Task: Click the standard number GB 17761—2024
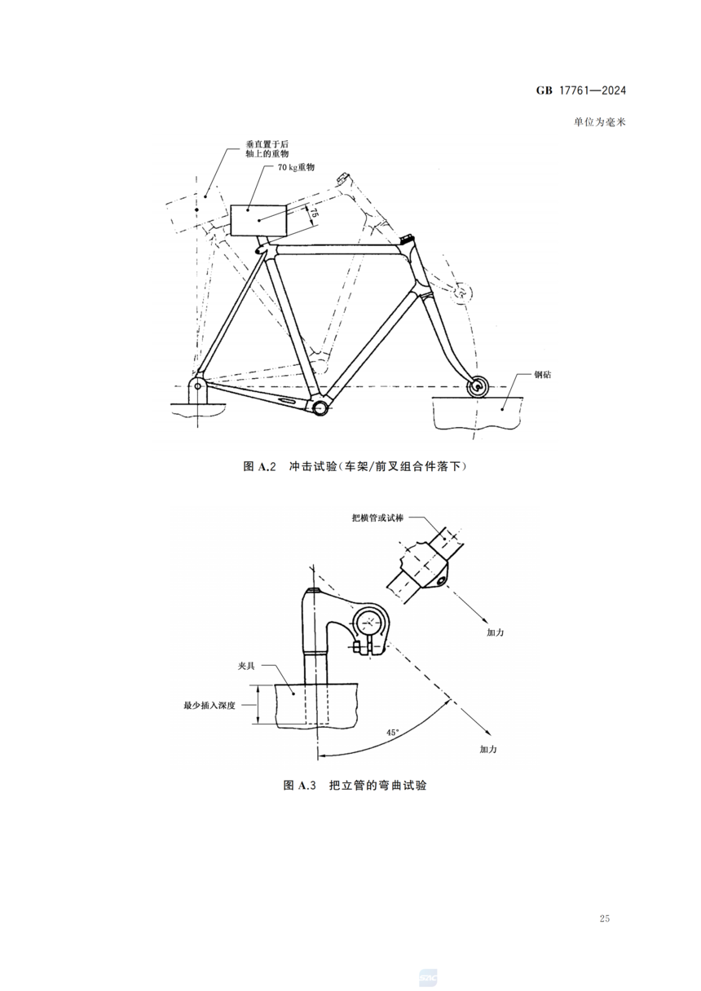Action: pyautogui.click(x=581, y=90)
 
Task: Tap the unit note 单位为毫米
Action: pyautogui.click(x=600, y=122)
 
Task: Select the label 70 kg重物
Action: pyautogui.click(x=296, y=167)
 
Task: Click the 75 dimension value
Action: pyautogui.click(x=312, y=213)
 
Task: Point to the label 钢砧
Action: pyautogui.click(x=543, y=375)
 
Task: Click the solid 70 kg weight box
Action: pyautogui.click(x=258, y=220)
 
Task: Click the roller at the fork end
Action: pyautogui.click(x=478, y=385)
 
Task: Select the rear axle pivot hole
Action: pyautogui.click(x=197, y=386)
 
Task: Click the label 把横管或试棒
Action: pyautogui.click(x=377, y=518)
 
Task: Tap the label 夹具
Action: pyautogui.click(x=246, y=666)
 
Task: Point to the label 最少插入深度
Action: pyautogui.click(x=209, y=706)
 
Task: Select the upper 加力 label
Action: pyautogui.click(x=496, y=632)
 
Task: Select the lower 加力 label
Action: pyautogui.click(x=488, y=749)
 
